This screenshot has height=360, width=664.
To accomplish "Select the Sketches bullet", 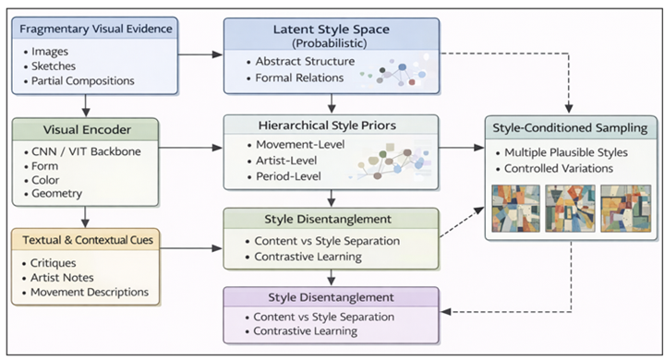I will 58,65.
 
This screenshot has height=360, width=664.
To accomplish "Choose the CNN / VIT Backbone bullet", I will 87,150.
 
